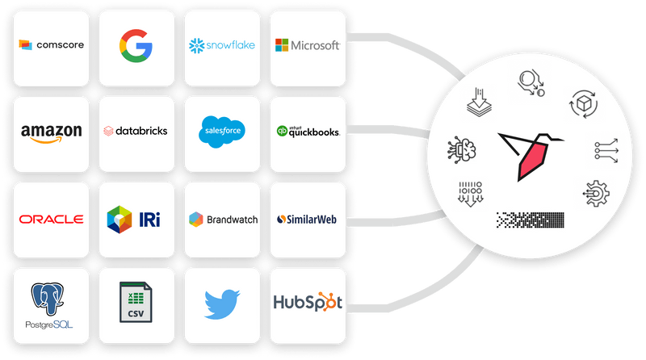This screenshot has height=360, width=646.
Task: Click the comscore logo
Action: [52, 44]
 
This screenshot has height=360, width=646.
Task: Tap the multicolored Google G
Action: [136, 46]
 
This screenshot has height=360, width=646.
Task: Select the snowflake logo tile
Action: [223, 48]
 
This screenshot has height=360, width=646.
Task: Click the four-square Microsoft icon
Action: [282, 45]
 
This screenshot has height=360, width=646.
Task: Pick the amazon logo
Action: [52, 133]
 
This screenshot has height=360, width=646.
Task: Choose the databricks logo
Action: [136, 131]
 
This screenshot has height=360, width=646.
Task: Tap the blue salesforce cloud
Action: [222, 132]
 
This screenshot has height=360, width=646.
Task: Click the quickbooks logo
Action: [308, 132]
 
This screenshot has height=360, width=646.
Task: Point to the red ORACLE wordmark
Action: [51, 219]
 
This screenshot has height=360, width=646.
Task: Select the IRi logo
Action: [133, 220]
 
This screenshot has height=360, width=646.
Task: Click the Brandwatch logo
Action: [224, 220]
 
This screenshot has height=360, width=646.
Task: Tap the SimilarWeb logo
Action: [307, 220]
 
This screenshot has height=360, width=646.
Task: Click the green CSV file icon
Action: [136, 302]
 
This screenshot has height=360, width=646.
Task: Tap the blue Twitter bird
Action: [222, 304]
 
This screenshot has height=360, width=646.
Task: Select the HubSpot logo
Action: [308, 302]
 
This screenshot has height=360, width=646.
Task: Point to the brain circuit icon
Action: [462, 149]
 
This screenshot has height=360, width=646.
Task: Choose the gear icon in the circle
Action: [596, 193]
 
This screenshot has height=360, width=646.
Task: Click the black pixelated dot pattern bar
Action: [531, 220]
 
